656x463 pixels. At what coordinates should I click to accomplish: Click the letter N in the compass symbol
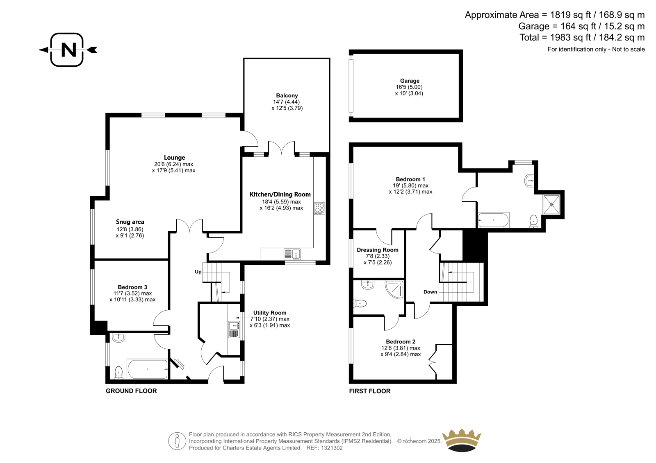(x=68, y=50)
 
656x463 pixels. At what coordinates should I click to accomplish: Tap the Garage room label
(x=410, y=81)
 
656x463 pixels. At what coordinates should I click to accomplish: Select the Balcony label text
(x=287, y=95)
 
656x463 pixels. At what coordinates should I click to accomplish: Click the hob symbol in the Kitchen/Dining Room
(x=319, y=208)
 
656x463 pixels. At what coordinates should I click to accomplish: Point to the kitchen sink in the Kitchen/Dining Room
(x=292, y=254)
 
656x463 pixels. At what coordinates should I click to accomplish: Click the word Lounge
(x=174, y=158)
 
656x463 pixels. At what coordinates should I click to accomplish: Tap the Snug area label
(x=130, y=222)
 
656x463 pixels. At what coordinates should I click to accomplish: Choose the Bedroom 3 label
(x=132, y=287)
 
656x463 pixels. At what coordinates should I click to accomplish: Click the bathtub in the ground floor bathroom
(x=148, y=369)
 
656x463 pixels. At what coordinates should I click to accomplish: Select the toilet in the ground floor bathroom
(x=118, y=373)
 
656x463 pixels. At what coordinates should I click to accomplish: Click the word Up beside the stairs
(x=198, y=272)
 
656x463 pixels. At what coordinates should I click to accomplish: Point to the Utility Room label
(x=270, y=313)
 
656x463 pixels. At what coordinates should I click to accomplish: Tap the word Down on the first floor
(x=430, y=292)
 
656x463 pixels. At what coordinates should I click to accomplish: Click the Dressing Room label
(x=378, y=250)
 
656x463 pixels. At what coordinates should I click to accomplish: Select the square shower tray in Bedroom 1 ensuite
(x=552, y=204)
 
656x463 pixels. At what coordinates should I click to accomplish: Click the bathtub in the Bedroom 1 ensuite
(x=494, y=220)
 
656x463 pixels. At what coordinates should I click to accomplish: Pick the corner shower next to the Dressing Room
(x=394, y=289)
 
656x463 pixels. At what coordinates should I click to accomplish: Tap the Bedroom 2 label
(x=401, y=341)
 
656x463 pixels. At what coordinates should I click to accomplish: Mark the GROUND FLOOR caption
(x=131, y=391)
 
